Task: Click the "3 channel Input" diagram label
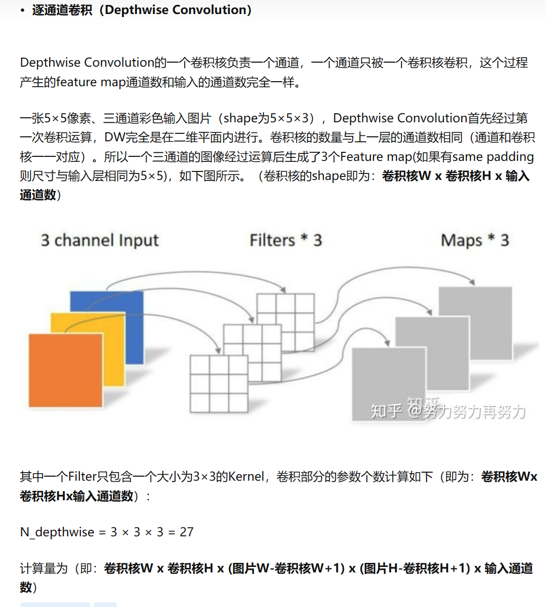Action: (x=99, y=241)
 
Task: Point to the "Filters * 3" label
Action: (x=286, y=241)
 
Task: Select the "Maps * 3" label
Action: (x=475, y=241)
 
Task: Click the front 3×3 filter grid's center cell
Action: (x=219, y=384)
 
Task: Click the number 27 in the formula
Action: (x=187, y=532)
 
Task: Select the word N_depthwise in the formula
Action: (x=57, y=532)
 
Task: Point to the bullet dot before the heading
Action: (x=23, y=11)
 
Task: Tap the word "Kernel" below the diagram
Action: (x=246, y=476)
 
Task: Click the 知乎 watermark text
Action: (x=386, y=411)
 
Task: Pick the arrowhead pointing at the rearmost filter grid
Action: (x=284, y=290)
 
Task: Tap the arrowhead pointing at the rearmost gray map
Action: (x=471, y=282)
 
